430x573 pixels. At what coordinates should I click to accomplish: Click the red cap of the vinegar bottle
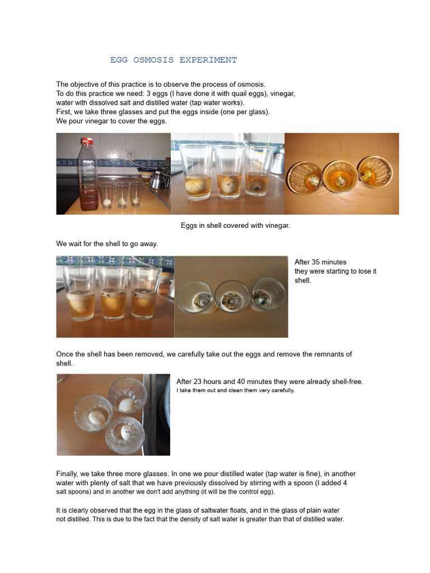pyautogui.click(x=86, y=141)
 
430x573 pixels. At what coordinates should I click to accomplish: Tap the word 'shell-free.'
pyautogui.click(x=342, y=382)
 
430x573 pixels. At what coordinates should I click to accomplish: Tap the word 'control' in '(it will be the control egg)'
pyautogui.click(x=232, y=492)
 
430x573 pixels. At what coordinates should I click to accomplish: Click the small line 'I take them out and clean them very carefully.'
pyautogui.click(x=235, y=390)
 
